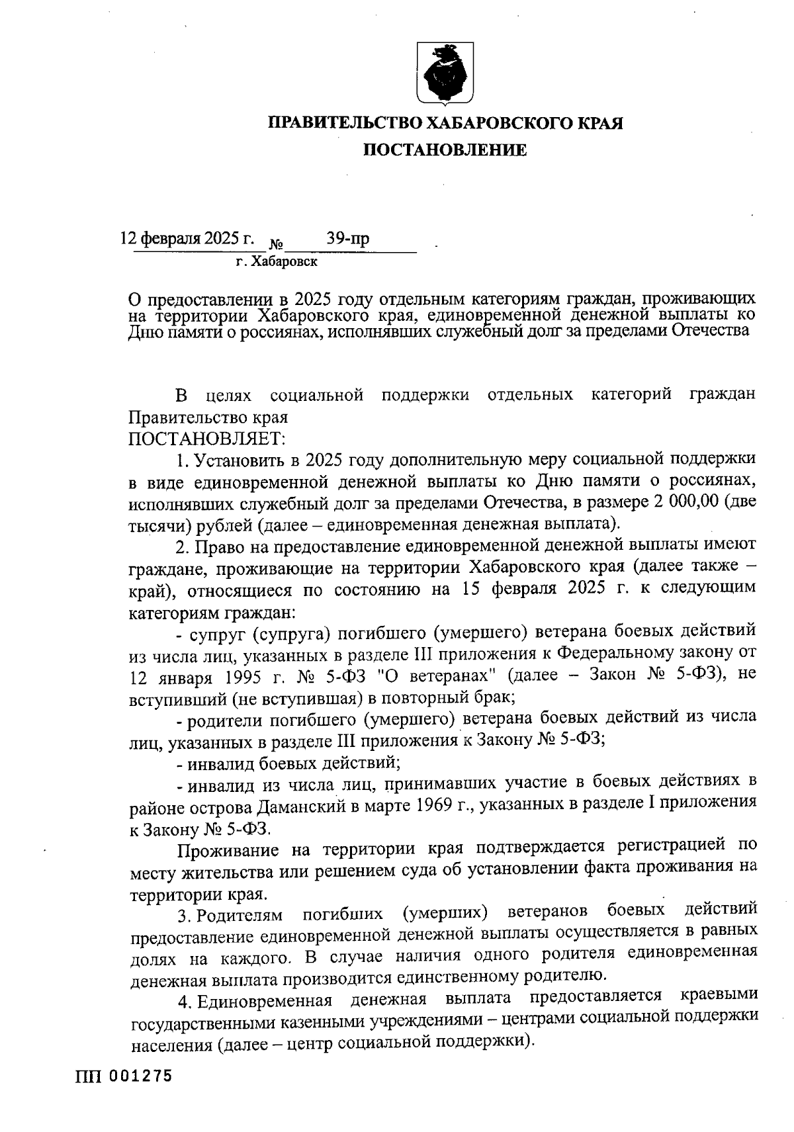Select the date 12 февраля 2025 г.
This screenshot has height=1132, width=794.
[x=187, y=238]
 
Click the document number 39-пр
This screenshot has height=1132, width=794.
[x=347, y=238]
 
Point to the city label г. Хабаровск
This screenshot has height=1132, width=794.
[x=277, y=262]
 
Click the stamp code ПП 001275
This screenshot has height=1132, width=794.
[x=123, y=1076]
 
